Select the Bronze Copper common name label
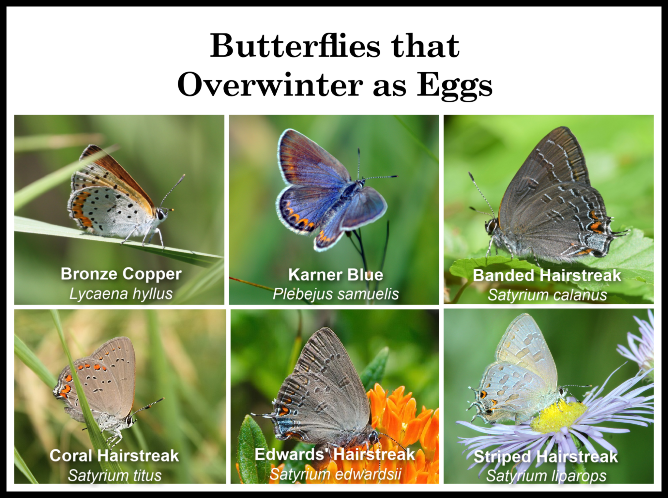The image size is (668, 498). click(x=121, y=274)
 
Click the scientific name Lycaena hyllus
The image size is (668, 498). click(x=121, y=294)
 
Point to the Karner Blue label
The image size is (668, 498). click(x=336, y=275)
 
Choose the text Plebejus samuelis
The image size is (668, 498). click(x=336, y=294)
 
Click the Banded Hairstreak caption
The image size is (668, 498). click(x=547, y=276)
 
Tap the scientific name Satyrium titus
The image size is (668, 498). click(x=114, y=475)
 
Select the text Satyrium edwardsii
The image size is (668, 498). click(x=335, y=474)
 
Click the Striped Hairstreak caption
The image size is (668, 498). click(x=546, y=457)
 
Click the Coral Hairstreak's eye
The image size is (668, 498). click(x=129, y=421)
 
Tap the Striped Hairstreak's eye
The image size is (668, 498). click(x=561, y=390)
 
